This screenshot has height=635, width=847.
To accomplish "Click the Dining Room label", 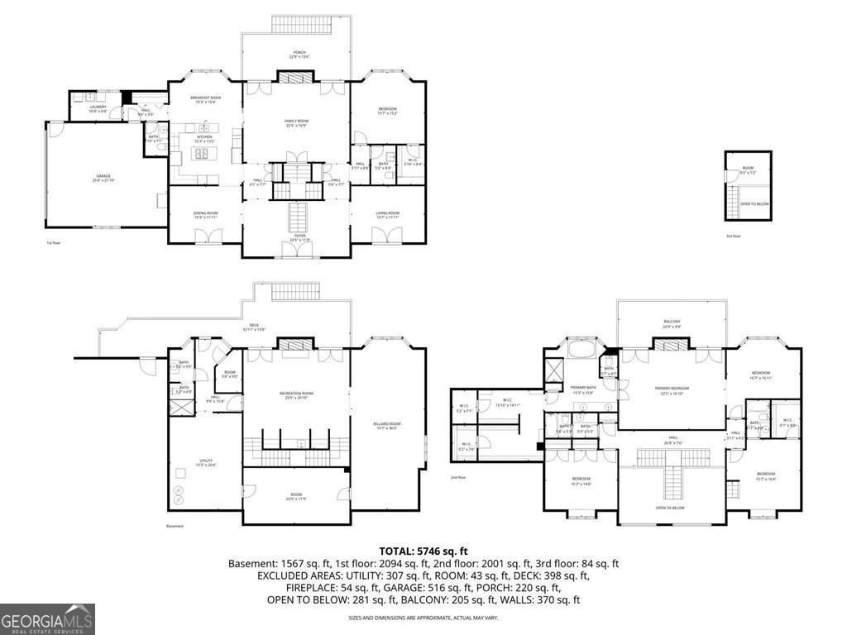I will click(205, 215).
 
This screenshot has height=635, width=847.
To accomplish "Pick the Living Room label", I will click(388, 215).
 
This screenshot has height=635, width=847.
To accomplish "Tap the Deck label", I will click(255, 327).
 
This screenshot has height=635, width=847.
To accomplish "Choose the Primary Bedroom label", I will click(672, 390).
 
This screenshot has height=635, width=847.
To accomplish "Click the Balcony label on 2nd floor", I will click(672, 324).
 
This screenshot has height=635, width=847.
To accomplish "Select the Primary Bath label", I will click(582, 389).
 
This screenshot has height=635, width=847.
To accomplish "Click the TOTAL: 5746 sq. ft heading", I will click(423, 551).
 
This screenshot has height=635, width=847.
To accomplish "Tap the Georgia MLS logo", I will click(47, 618).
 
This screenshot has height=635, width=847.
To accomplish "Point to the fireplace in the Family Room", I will click(296, 78).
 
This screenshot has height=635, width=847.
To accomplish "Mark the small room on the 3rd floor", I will click(748, 170).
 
